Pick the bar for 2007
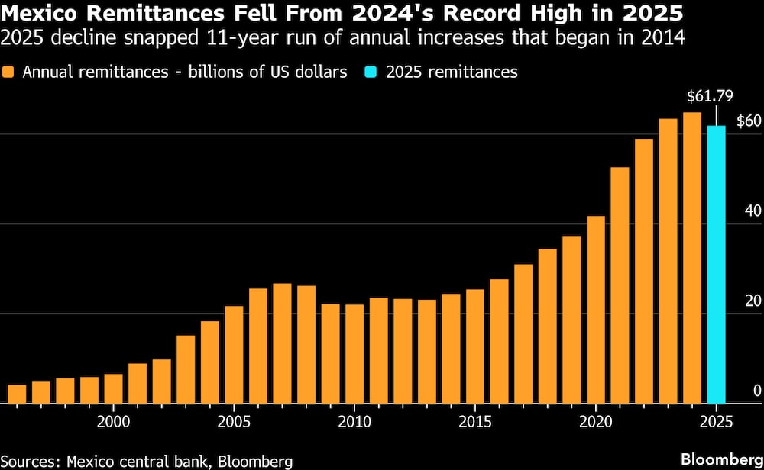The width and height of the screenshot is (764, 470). click(x=283, y=343)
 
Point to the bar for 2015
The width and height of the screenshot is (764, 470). click(x=475, y=346)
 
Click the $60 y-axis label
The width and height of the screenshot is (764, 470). click(x=748, y=121)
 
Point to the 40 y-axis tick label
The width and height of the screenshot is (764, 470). click(x=752, y=211)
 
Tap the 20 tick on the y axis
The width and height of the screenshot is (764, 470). click(x=752, y=301)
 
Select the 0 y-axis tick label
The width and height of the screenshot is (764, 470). click(x=756, y=391)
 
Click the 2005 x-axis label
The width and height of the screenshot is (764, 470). click(x=235, y=421)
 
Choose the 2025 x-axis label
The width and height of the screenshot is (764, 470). click(x=716, y=421)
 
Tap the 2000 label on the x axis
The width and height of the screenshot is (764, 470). click(x=114, y=421)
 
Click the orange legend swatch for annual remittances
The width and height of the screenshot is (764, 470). click(x=11, y=72)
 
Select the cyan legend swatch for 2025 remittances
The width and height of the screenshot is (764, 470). click(x=374, y=72)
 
